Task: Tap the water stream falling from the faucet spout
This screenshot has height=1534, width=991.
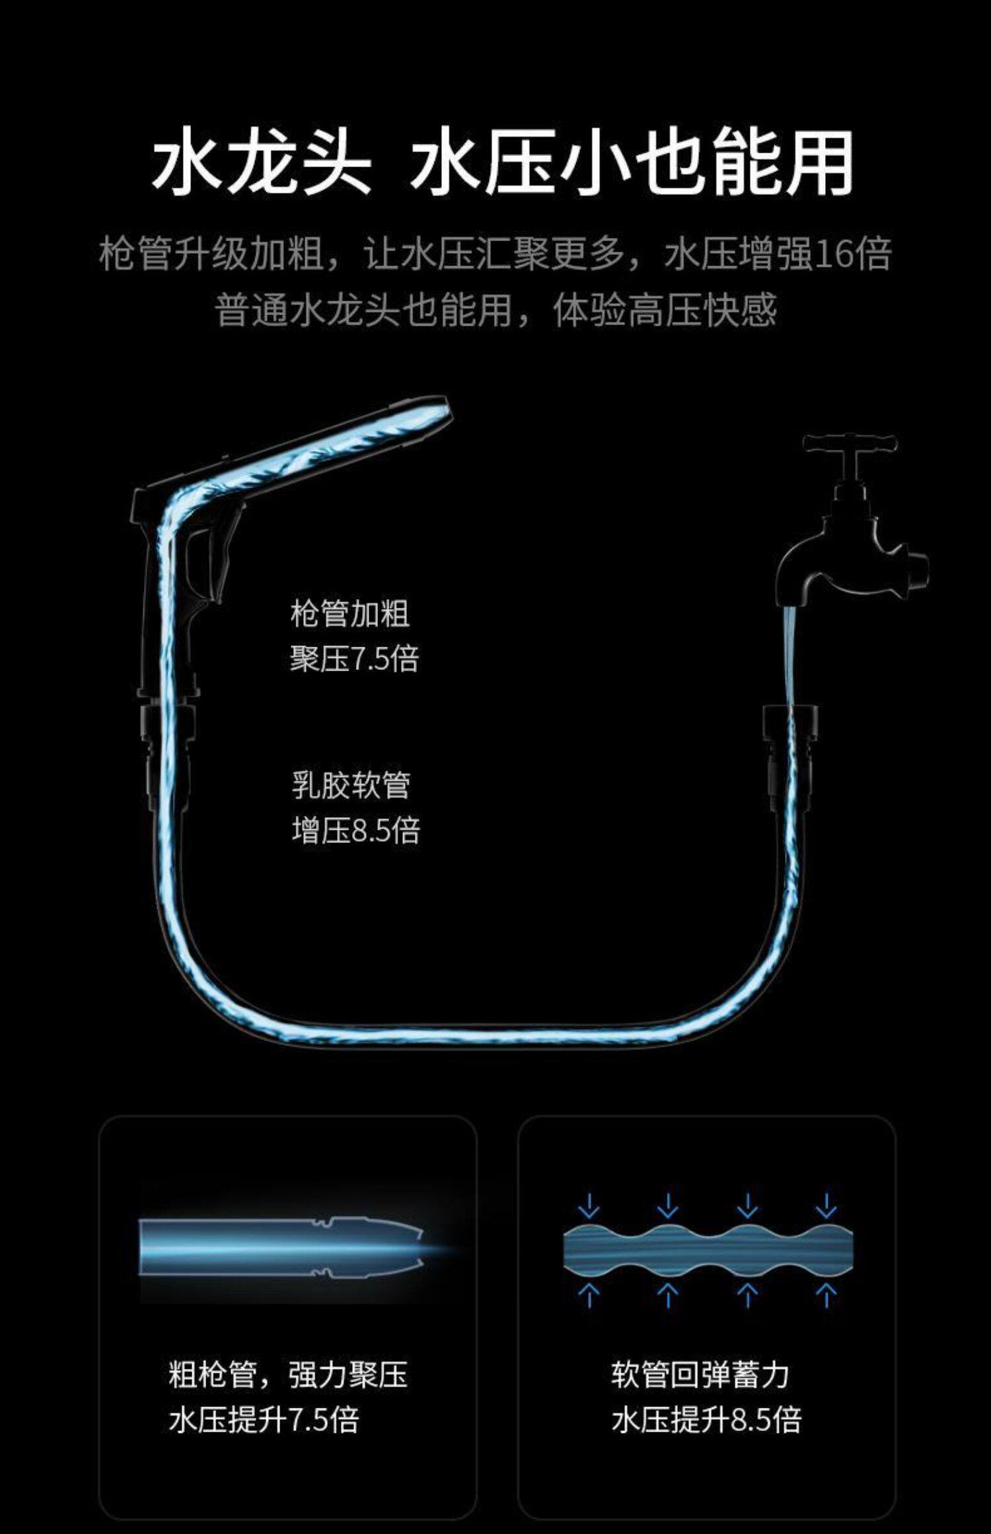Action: coord(790,654)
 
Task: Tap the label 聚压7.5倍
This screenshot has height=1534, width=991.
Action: coord(354,659)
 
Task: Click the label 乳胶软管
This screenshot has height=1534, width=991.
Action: coord(351,785)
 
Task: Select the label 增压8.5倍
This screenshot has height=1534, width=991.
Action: coord(355,830)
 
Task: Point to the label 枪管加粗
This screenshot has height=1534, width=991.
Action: coord(349,614)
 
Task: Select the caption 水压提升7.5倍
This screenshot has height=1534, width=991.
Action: coord(264,1420)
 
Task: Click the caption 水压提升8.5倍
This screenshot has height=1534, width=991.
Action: coord(706,1420)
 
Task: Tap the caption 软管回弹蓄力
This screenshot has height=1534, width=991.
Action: coord(700,1375)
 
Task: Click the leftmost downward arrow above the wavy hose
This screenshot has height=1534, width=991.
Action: coord(588,1206)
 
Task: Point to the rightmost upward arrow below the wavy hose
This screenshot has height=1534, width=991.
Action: coord(826,1294)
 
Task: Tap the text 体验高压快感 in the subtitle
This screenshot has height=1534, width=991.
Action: coord(665,310)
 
